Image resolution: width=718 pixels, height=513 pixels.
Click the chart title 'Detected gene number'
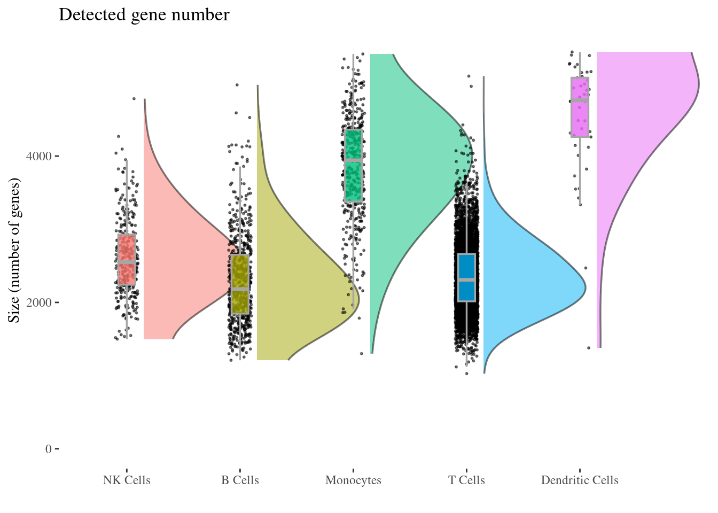144,15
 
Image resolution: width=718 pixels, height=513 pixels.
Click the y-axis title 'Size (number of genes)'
14,251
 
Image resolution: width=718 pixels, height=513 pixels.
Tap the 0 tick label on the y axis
49,449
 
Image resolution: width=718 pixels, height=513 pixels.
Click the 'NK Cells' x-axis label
127,480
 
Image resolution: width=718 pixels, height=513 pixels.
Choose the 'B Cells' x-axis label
240,480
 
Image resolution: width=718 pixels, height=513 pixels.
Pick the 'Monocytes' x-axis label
353,480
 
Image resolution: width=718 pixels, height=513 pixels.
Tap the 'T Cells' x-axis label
466,480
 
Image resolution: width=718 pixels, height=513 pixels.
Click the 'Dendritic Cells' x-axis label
580,480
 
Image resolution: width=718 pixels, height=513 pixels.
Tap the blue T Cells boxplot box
466,267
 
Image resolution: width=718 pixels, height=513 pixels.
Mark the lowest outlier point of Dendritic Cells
589,348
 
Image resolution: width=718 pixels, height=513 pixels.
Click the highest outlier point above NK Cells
134,98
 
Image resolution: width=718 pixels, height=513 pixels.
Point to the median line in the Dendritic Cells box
580,100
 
